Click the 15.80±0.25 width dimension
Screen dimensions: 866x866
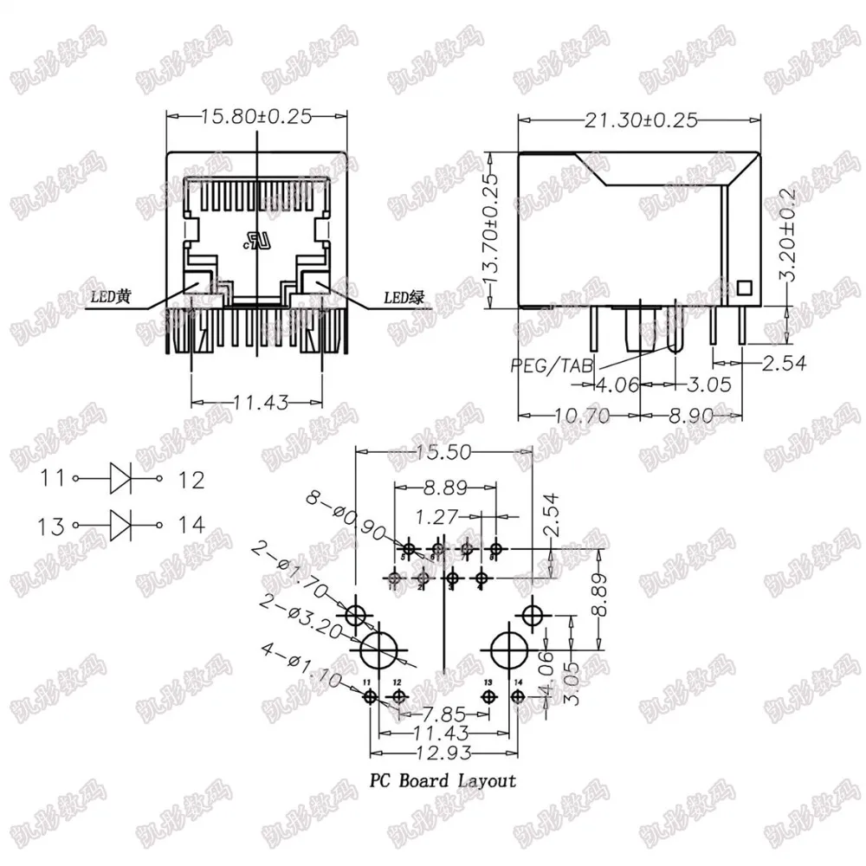click(255, 115)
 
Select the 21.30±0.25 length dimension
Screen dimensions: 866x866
click(642, 120)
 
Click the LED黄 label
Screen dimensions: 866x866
click(111, 298)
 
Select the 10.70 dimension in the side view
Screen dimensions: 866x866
click(577, 417)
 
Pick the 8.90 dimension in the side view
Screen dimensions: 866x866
click(691, 417)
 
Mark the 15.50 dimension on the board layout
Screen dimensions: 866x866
click(445, 453)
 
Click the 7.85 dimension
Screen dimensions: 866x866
click(440, 714)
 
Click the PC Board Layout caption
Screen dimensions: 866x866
click(443, 781)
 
